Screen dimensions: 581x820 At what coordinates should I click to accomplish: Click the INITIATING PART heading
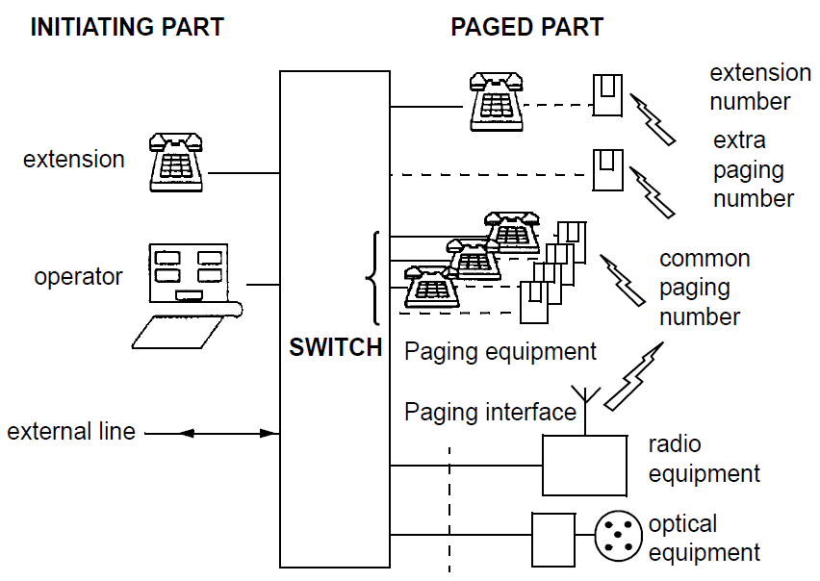pos(127,27)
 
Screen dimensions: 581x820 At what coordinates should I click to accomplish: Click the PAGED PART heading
pos(526,27)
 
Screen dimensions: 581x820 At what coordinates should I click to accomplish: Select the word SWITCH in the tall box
pos(336,347)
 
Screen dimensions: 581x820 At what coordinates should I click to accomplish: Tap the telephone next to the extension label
pos(176,162)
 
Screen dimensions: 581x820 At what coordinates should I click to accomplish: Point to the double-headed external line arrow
pos(212,434)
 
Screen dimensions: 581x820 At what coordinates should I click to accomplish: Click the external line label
pos(72,432)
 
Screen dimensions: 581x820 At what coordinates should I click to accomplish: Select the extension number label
pos(760,87)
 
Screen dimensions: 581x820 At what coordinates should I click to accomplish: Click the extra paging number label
pos(754,169)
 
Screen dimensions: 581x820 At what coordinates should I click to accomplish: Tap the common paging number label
pos(705,288)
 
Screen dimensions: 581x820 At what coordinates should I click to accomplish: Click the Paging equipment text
pos(500,351)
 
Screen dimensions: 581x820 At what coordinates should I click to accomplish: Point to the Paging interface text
pos(490,413)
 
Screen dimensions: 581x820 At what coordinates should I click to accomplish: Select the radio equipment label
pos(705,459)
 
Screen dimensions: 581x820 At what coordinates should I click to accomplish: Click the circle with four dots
pos(618,536)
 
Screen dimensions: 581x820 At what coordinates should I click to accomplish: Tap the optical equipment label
pos(705,539)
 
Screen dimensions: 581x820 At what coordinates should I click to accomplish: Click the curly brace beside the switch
pos(373,279)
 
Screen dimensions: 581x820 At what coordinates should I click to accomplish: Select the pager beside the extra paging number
pos(605,170)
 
